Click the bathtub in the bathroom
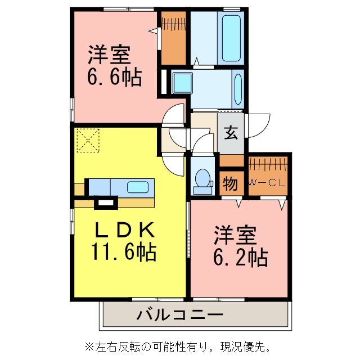231,38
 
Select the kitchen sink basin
138,187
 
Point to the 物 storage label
230,184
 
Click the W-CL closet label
268,183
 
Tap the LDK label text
125,229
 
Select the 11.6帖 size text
124,251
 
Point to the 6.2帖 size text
241,256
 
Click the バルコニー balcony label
180,314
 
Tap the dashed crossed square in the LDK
88,140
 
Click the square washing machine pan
182,83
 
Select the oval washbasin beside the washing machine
238,89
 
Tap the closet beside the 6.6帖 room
174,38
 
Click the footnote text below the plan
178,346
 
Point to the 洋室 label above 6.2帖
235,236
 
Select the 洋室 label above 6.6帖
109,55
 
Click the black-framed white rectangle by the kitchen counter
106,202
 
